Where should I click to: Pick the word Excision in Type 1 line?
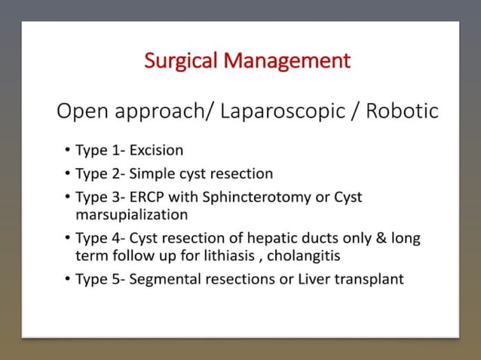coord(156,151)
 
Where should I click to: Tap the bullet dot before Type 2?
coord(67,174)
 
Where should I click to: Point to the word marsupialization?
coord(131,215)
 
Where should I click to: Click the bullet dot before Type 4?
coord(67,239)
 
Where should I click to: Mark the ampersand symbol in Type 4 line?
coord(383,239)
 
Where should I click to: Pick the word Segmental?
coord(162,279)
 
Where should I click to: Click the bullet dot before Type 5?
coord(67,279)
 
